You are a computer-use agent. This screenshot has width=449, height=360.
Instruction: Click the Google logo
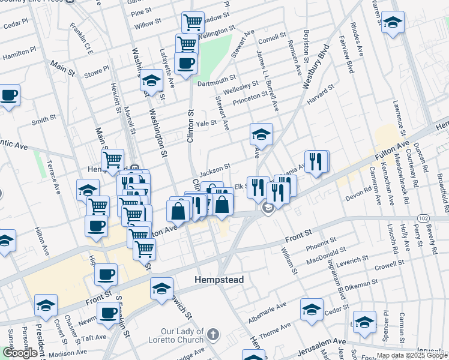click(20, 353)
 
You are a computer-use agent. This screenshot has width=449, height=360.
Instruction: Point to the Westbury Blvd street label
click(316, 67)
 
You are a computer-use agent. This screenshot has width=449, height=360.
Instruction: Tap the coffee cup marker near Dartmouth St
click(185, 64)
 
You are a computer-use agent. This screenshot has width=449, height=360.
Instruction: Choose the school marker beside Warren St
click(393, 25)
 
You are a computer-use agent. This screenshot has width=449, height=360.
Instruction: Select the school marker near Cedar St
click(312, 311)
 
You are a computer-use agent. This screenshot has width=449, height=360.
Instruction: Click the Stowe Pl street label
click(95, 72)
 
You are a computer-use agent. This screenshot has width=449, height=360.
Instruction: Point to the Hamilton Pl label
click(17, 56)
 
